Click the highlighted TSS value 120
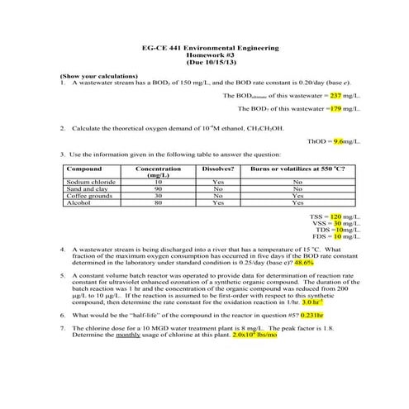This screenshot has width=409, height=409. tap(335, 216)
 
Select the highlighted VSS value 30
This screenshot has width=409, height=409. tap(337, 222)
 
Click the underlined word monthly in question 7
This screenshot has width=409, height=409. tap(126, 335)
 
